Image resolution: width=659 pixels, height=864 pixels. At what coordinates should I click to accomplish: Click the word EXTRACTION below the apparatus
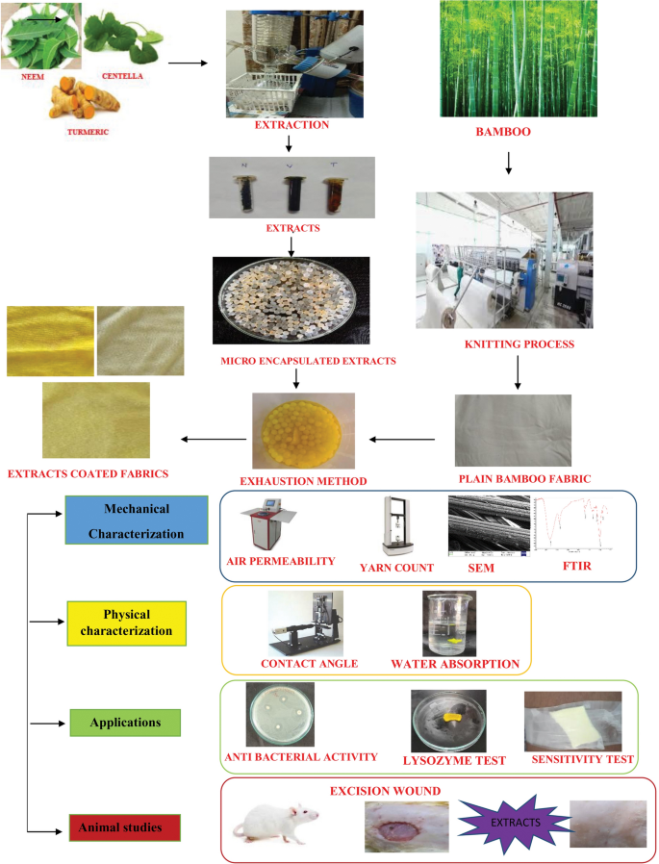[291, 125]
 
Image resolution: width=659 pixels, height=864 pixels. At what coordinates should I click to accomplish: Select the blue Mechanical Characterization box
[137, 521]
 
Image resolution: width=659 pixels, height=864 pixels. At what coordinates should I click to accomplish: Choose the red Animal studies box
[124, 825]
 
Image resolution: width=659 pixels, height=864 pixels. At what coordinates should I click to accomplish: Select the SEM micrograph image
[489, 527]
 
